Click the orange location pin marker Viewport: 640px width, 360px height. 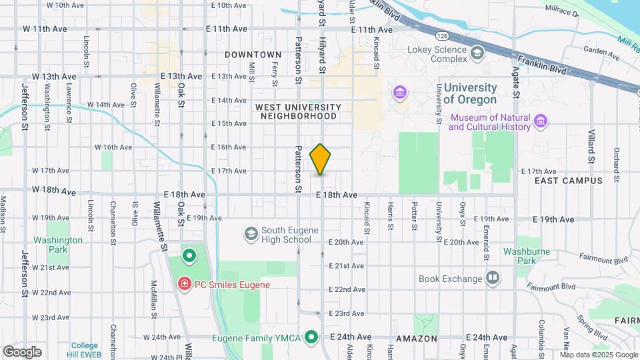[320, 159]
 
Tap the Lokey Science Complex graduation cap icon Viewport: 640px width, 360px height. [477, 53]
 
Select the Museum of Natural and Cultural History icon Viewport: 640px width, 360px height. [541, 122]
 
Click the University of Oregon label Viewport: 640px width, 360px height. [470, 93]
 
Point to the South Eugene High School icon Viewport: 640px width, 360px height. [251, 233]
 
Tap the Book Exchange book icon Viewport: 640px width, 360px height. [493, 277]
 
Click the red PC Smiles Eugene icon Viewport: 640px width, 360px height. [183, 285]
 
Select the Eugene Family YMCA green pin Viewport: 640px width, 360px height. [311, 337]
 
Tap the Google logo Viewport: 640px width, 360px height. [22, 351]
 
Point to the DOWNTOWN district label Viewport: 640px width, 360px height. [253, 55]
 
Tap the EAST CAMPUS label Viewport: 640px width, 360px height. [569, 181]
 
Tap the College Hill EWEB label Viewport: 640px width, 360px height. [85, 349]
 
